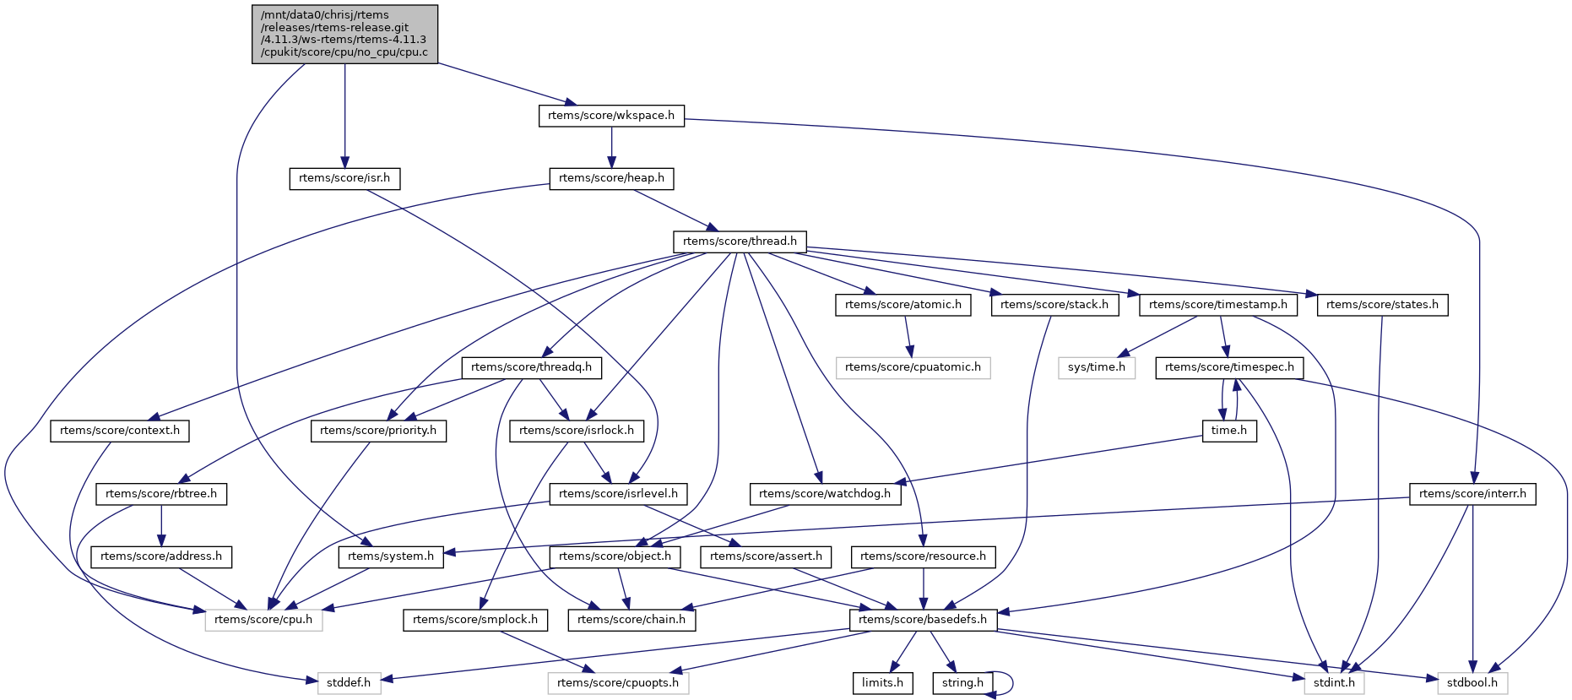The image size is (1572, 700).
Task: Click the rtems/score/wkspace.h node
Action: pyautogui.click(x=611, y=116)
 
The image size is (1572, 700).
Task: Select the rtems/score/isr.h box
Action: pyautogui.click(x=344, y=178)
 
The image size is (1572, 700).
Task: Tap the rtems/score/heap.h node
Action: pyautogui.click(x=611, y=178)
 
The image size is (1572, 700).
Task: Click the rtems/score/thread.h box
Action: pyautogui.click(x=740, y=241)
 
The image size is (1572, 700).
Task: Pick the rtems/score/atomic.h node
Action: pyautogui.click(x=903, y=305)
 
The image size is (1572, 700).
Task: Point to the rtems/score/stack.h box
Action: pyautogui.click(x=1054, y=305)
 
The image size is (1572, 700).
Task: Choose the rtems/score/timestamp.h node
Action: pyautogui.click(x=1217, y=305)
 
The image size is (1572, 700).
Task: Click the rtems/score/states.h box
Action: pyautogui.click(x=1382, y=305)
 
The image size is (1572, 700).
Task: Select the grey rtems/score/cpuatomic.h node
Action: pyautogui.click(x=913, y=367)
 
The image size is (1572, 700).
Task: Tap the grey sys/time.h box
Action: pyautogui.click(x=1097, y=367)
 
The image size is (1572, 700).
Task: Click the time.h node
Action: pyautogui.click(x=1229, y=431)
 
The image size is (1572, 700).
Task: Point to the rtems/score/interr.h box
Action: pyautogui.click(x=1472, y=494)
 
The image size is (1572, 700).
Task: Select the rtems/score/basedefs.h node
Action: pyautogui.click(x=923, y=620)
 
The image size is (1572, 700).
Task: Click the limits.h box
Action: pyautogui.click(x=882, y=683)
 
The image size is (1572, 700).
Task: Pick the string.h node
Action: pyautogui.click(x=962, y=683)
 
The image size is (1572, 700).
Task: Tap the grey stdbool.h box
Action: pyautogui.click(x=1472, y=683)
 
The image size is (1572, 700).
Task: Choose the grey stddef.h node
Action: pyautogui.click(x=349, y=683)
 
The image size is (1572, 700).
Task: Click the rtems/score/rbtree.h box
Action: pyautogui.click(x=161, y=494)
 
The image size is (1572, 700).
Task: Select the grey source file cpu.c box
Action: pyautogui.click(x=344, y=34)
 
